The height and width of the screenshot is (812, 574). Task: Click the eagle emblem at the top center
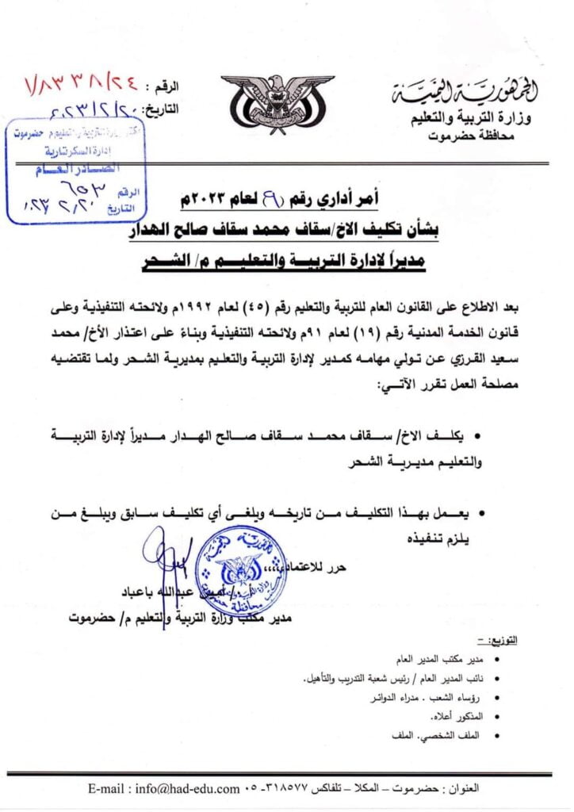pyautogui.click(x=277, y=104)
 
